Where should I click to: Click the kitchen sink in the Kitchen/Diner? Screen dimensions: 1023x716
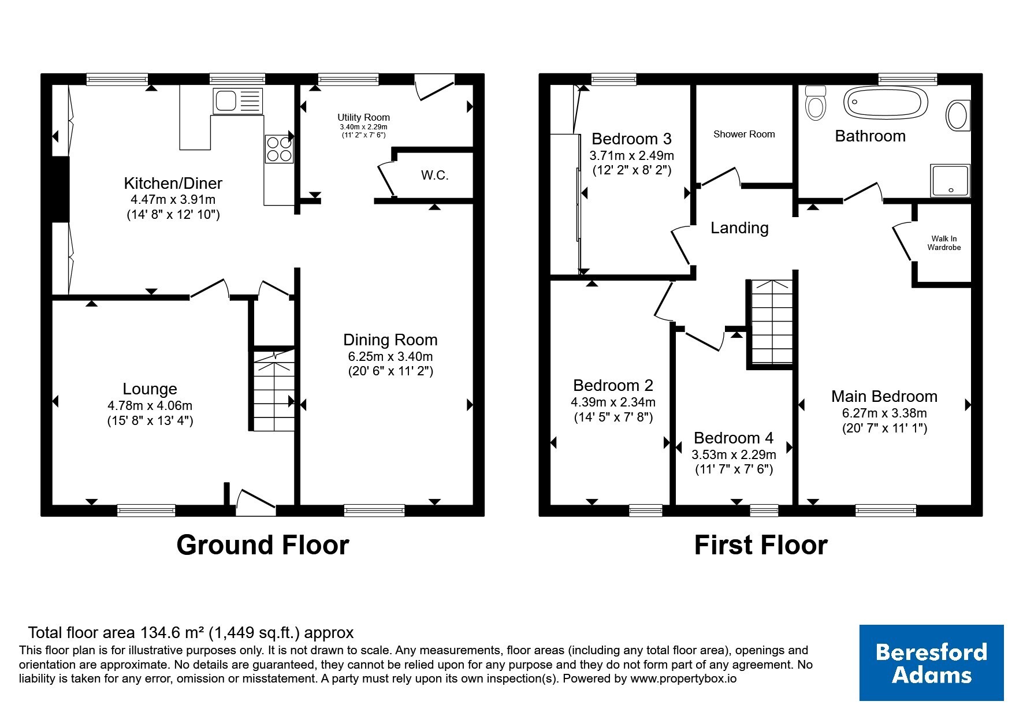pyautogui.click(x=238, y=101)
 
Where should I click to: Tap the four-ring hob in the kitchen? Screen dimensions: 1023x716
pyautogui.click(x=279, y=149)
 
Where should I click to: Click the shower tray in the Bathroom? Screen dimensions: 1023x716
pyautogui.click(x=950, y=180)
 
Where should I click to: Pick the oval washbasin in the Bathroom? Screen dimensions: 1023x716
pyautogui.click(x=958, y=115)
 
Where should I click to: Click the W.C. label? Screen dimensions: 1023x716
pyautogui.click(x=434, y=176)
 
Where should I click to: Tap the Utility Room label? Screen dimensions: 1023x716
pyautogui.click(x=364, y=117)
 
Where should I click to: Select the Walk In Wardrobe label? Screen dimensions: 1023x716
pyautogui.click(x=944, y=243)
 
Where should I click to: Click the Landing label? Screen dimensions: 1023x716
pyautogui.click(x=739, y=228)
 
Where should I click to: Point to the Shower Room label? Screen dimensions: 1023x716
pyautogui.click(x=744, y=134)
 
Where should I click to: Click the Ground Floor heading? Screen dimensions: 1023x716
pyautogui.click(x=263, y=545)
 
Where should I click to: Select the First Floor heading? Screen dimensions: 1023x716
pyautogui.click(x=761, y=545)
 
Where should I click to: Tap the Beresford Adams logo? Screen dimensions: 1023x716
pyautogui.click(x=931, y=663)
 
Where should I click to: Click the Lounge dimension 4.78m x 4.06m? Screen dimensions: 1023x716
pyautogui.click(x=150, y=405)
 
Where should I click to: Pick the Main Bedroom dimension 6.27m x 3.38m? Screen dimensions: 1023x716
pyautogui.click(x=884, y=413)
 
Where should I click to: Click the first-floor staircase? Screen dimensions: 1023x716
pyautogui.click(x=771, y=322)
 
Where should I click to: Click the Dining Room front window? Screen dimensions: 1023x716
pyautogui.click(x=374, y=510)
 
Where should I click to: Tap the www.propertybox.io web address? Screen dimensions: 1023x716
pyautogui.click(x=683, y=679)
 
